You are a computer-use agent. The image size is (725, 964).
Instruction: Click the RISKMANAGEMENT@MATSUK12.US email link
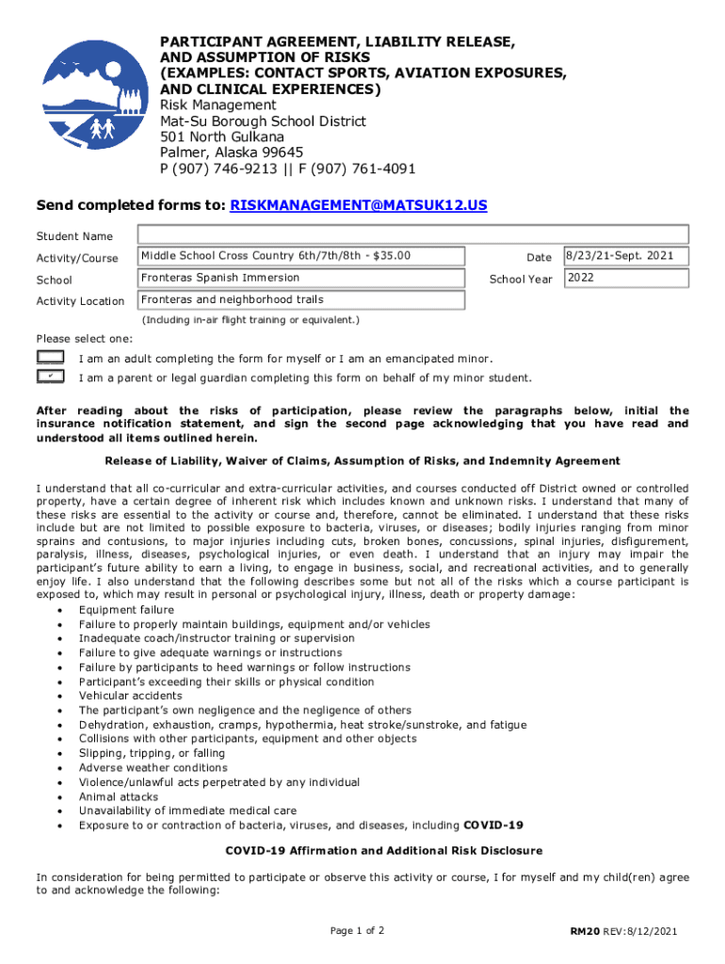point(359,204)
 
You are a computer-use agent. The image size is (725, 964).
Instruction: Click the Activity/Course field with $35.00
point(301,256)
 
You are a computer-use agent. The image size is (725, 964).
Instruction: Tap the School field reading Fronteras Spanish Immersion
point(301,279)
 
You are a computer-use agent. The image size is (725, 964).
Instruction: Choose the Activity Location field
point(301,300)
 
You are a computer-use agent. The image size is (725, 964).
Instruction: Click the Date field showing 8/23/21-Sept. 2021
point(626,256)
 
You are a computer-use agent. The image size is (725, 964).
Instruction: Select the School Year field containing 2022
point(626,279)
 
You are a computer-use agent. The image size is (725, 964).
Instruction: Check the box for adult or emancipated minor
point(50,358)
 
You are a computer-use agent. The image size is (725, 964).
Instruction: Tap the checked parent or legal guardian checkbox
point(50,377)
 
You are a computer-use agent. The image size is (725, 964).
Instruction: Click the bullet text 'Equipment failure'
point(126,610)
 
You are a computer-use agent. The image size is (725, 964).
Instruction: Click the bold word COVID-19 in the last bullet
point(493,826)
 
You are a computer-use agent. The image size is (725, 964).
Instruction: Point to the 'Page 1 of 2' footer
point(357,931)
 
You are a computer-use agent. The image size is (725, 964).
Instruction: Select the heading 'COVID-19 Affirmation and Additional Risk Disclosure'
point(384,850)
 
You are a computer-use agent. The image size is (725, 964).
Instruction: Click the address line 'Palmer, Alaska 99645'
point(232,153)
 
